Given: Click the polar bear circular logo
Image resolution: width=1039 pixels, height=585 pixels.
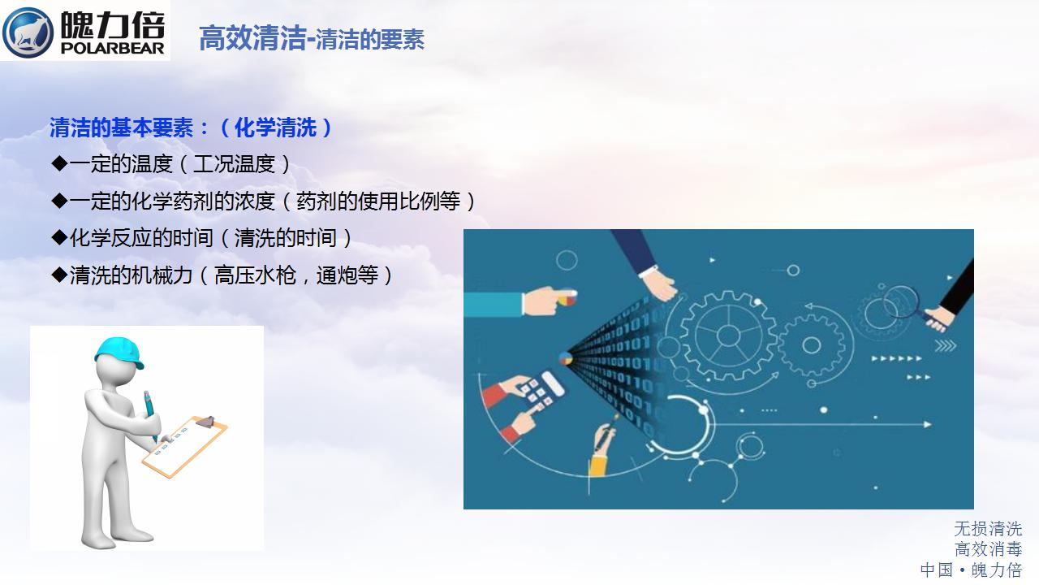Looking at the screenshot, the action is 28,32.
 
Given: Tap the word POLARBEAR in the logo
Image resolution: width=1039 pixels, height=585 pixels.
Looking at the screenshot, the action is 112,48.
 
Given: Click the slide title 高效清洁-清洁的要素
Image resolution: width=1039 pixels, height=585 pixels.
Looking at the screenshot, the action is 312,38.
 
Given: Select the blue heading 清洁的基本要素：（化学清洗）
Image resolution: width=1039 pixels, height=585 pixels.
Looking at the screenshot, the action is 191,128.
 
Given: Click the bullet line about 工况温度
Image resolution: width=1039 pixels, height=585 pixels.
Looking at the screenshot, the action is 170,164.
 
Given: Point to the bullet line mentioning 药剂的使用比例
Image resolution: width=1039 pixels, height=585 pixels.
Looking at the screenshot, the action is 264,201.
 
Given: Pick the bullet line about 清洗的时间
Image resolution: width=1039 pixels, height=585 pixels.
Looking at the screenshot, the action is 201,238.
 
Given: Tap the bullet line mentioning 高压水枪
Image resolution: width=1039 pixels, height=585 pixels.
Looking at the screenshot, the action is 222,275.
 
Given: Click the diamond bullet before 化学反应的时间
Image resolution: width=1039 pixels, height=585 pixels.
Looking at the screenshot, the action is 60,237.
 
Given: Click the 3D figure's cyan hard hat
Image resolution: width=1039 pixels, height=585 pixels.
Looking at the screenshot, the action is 119,353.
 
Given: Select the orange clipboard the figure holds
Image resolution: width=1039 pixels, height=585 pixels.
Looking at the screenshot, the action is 184,447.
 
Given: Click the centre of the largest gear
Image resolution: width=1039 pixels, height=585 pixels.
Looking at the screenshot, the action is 728,336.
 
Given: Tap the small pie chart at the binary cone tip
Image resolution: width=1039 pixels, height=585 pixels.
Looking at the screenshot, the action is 566,358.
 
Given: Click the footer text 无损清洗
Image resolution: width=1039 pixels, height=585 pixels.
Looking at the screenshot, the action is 988,529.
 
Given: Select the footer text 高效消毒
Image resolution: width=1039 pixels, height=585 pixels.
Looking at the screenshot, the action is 988,549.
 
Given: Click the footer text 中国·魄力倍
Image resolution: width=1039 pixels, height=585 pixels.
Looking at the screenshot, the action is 972,570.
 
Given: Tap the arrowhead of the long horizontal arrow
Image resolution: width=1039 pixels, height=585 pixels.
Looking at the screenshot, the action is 927,424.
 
